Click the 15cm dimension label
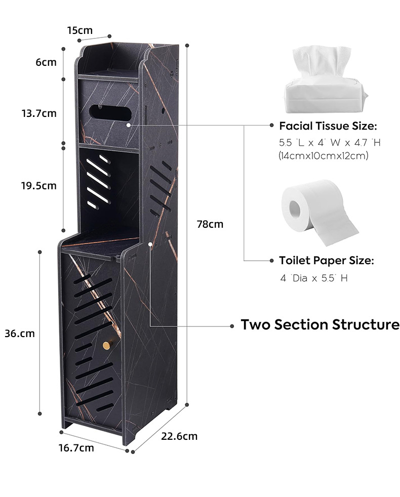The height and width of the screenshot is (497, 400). [80, 30]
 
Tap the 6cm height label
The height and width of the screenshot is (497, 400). [46, 62]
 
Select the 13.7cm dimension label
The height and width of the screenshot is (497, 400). [39, 113]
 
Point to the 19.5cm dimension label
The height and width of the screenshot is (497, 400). [39, 185]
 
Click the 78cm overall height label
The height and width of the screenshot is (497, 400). [210, 224]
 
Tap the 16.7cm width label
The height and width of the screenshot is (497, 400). [76, 447]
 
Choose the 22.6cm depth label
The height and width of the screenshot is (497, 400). [179, 436]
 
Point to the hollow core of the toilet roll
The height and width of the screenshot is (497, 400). [295, 208]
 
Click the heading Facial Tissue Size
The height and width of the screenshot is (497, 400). [328, 126]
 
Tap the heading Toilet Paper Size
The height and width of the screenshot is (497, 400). [327, 261]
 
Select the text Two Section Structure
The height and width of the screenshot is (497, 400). [320, 324]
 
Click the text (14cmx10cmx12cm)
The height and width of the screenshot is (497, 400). [323, 156]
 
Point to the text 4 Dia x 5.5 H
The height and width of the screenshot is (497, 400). [313, 278]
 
